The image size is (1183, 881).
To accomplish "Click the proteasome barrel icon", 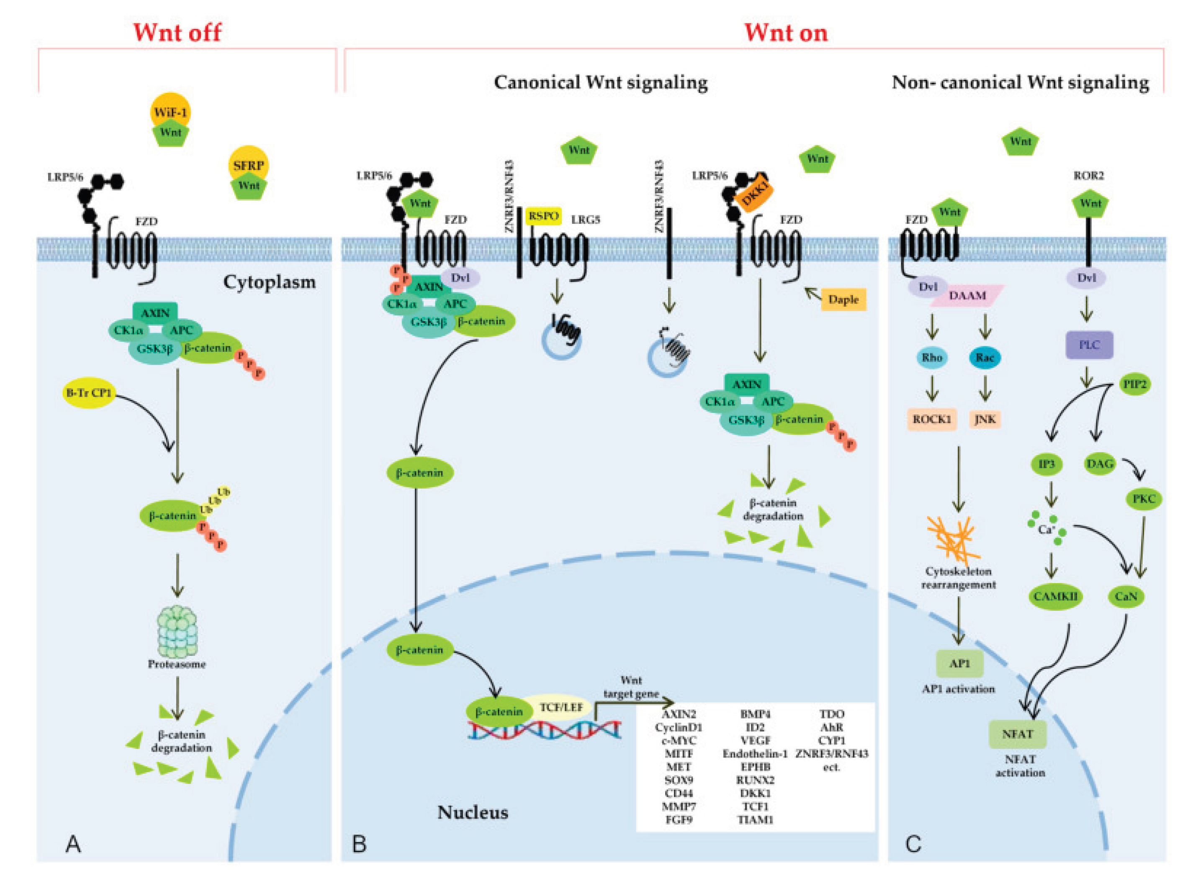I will tap(177, 632).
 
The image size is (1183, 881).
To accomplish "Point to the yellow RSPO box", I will tap(543, 216).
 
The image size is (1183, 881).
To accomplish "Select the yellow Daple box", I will tap(843, 300).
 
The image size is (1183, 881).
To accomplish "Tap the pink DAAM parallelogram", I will tap(967, 295).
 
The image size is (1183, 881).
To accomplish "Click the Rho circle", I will tap(932, 357).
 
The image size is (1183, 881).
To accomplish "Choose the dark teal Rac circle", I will tap(985, 357).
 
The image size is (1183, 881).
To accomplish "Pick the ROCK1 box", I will tap(932, 419).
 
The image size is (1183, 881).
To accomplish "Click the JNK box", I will tap(985, 419).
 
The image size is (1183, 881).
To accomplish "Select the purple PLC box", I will tap(1088, 345).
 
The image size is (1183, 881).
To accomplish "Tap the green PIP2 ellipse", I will tap(1134, 384).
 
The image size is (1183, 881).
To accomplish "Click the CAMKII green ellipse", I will tap(1055, 596).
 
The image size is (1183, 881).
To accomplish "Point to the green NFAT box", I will tap(1017, 734).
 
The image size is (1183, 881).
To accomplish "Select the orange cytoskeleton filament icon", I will tap(951, 539).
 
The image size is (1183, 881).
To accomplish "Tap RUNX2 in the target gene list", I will tap(754, 780).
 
